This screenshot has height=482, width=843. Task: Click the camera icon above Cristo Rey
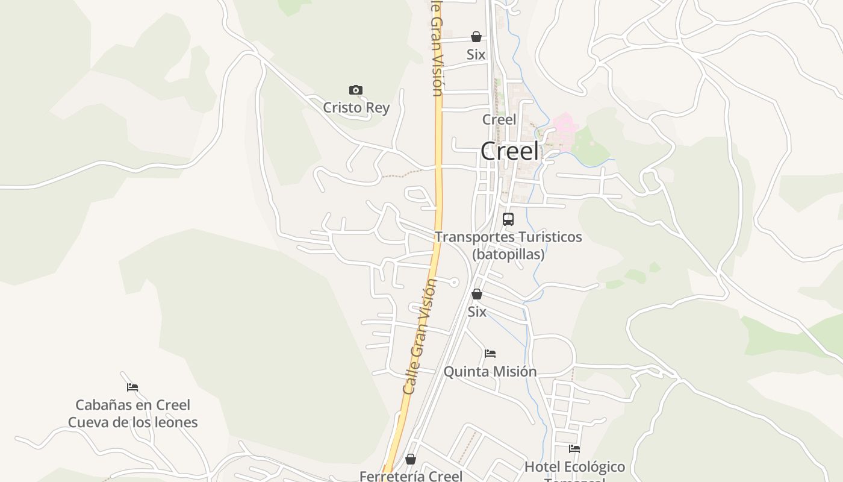(x=356, y=90)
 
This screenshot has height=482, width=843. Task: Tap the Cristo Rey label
(x=356, y=108)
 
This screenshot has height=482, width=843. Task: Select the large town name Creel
(x=509, y=151)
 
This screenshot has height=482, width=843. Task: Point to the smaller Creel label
(x=499, y=119)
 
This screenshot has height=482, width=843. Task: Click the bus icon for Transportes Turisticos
(x=508, y=219)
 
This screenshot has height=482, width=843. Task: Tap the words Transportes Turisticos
(x=508, y=237)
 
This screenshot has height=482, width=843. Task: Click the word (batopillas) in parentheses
(x=508, y=254)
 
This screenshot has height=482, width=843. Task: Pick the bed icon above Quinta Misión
(x=490, y=354)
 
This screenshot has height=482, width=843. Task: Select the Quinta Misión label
(x=490, y=371)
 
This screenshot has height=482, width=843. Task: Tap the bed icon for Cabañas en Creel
(x=132, y=387)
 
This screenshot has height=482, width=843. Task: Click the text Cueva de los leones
(x=132, y=422)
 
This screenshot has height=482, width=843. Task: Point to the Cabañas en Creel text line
(x=132, y=405)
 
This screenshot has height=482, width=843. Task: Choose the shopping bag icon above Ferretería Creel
(x=411, y=460)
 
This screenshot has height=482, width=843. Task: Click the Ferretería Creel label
(x=411, y=476)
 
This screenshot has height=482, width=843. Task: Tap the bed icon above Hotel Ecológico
(x=574, y=449)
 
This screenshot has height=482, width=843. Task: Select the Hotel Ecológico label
(x=574, y=466)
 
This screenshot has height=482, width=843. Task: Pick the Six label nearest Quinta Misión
(x=477, y=311)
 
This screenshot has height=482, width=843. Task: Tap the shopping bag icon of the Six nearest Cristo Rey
(x=476, y=37)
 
